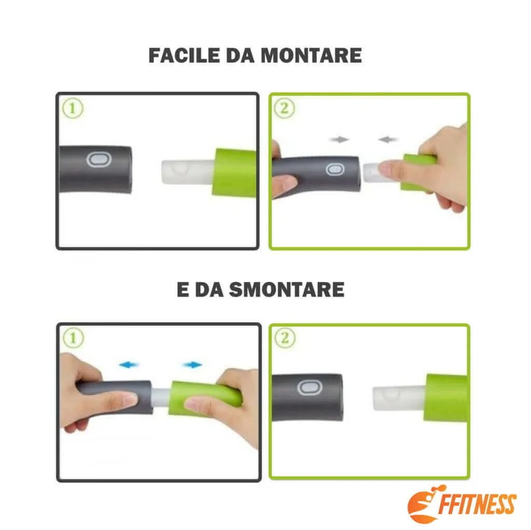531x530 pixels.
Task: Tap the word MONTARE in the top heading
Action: pyautogui.click(x=311, y=56)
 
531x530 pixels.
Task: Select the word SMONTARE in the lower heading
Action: pyautogui.click(x=287, y=290)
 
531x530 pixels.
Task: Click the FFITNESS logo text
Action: pyautogui.click(x=477, y=504)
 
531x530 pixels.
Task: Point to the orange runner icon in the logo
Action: pyautogui.click(x=424, y=504)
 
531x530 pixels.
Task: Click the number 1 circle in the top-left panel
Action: pyautogui.click(x=72, y=108)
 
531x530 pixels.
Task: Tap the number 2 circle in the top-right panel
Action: pyautogui.click(x=284, y=108)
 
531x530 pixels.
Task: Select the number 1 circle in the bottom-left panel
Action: pyautogui.click(x=73, y=338)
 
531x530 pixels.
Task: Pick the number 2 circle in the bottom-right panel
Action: pyautogui.click(x=285, y=338)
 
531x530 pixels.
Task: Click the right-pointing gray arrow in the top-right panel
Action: pyautogui.click(x=339, y=139)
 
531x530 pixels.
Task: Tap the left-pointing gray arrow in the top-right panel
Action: pyautogui.click(x=388, y=139)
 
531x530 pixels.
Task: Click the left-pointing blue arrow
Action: pyautogui.click(x=129, y=365)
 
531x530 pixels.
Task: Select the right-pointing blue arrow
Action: pyautogui.click(x=192, y=365)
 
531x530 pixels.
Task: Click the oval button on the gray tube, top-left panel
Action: pyautogui.click(x=98, y=159)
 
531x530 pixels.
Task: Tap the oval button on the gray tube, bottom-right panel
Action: pyautogui.click(x=309, y=388)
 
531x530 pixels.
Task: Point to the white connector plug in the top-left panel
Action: pyautogui.click(x=188, y=172)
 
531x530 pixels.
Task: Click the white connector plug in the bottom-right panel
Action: pyautogui.click(x=400, y=398)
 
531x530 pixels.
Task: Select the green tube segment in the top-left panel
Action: pyautogui.click(x=234, y=172)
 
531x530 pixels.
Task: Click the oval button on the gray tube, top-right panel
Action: pyautogui.click(x=335, y=169)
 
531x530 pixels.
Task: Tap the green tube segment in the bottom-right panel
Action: pyautogui.click(x=445, y=398)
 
